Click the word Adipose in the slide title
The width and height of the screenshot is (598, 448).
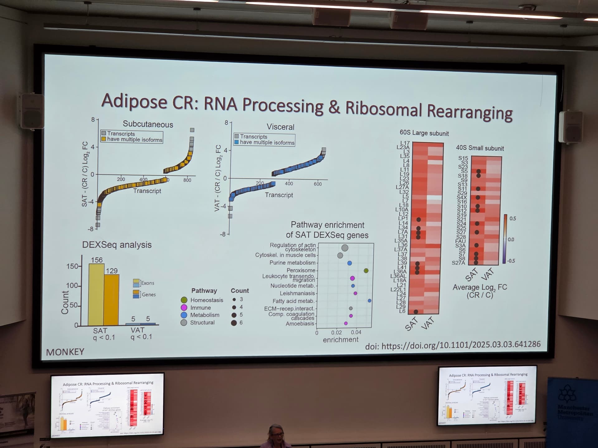point(134,101)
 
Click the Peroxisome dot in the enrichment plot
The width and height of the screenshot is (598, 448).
point(366,271)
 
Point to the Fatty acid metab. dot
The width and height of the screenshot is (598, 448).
point(369,301)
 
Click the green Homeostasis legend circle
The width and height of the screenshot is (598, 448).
point(184,300)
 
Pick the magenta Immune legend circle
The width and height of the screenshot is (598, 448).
point(184,308)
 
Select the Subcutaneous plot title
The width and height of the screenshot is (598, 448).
point(148,124)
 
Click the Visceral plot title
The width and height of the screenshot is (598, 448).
point(280,127)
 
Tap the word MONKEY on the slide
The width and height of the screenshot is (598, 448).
point(65,352)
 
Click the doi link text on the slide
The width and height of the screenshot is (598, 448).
point(453,345)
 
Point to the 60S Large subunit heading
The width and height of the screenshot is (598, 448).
point(424,133)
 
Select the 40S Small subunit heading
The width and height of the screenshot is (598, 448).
point(480,148)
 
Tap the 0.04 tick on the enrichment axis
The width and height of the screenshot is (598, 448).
point(356,332)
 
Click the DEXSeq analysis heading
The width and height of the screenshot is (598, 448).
point(117,245)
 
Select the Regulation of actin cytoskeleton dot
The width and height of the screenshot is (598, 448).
point(345,248)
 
